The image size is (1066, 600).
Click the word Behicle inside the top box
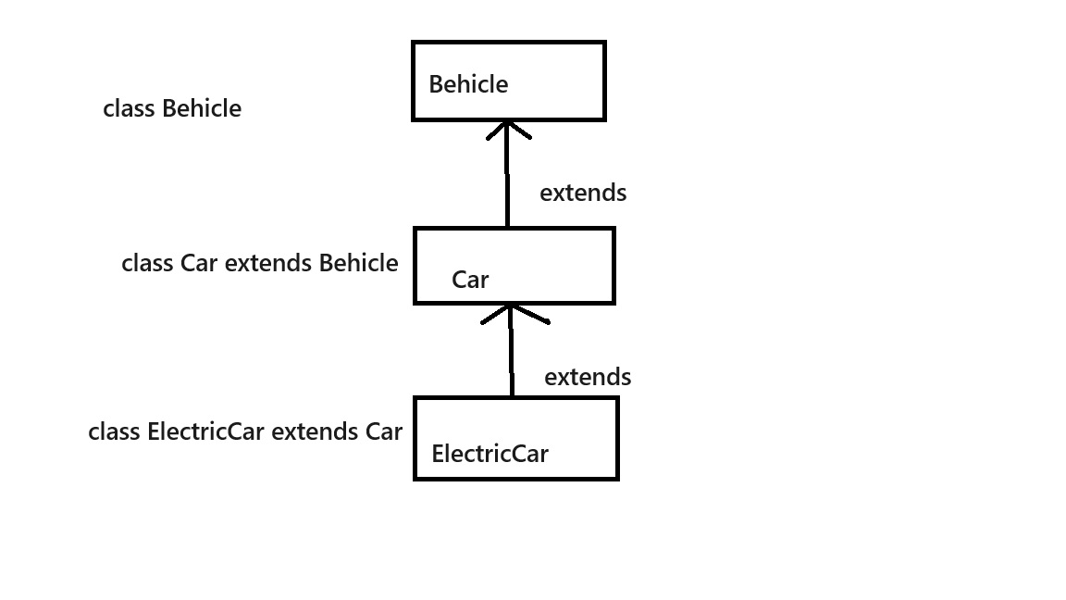click(468, 84)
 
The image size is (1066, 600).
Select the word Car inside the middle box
click(470, 280)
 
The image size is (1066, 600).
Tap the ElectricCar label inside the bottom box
click(490, 454)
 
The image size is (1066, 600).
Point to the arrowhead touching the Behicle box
click(508, 130)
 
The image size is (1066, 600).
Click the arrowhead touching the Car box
click(514, 314)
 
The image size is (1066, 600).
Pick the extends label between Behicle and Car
click(583, 194)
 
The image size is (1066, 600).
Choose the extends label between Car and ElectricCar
click(588, 377)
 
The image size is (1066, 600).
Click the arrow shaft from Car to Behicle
click(507, 174)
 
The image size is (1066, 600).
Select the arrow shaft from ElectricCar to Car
click(511, 351)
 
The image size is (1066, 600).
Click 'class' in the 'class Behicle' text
click(129, 109)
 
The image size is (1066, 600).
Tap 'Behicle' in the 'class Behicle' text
click(202, 109)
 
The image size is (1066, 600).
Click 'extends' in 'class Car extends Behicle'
click(267, 263)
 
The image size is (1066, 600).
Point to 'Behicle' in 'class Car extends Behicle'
click(358, 263)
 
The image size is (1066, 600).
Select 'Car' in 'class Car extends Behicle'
click(199, 263)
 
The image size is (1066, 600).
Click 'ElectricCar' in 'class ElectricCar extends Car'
click(205, 432)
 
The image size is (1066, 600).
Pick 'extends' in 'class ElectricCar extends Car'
click(315, 432)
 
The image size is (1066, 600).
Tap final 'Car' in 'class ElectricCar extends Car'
click(384, 432)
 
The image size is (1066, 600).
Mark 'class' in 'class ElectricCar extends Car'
click(114, 432)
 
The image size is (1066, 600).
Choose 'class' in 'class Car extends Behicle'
click(147, 263)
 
